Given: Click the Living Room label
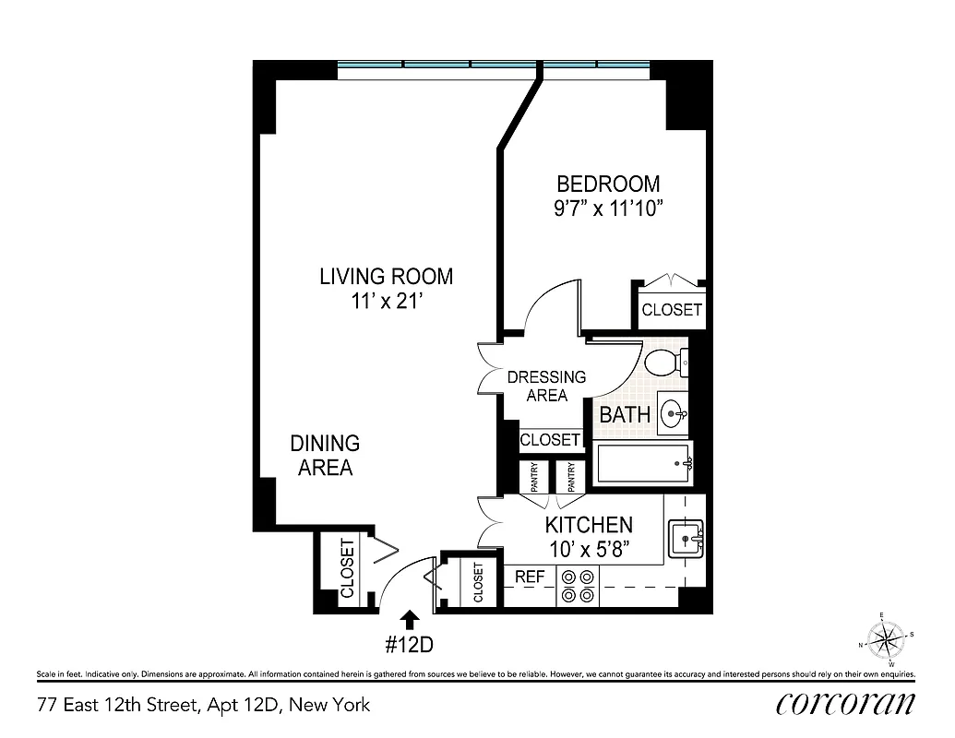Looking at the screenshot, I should [x=386, y=276].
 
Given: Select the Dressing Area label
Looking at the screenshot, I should [x=546, y=386].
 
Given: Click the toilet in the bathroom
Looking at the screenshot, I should [x=666, y=363].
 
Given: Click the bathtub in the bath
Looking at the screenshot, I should [x=644, y=463].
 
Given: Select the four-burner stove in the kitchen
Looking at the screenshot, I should [x=577, y=587].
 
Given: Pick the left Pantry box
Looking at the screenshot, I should [x=534, y=477].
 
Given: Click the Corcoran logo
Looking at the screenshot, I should [x=846, y=702].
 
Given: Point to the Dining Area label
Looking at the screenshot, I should [x=325, y=456].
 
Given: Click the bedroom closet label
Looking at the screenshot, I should [x=671, y=310].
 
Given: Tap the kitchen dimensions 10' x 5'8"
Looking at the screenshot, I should [x=588, y=550].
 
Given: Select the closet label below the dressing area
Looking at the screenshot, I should [x=550, y=440].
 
